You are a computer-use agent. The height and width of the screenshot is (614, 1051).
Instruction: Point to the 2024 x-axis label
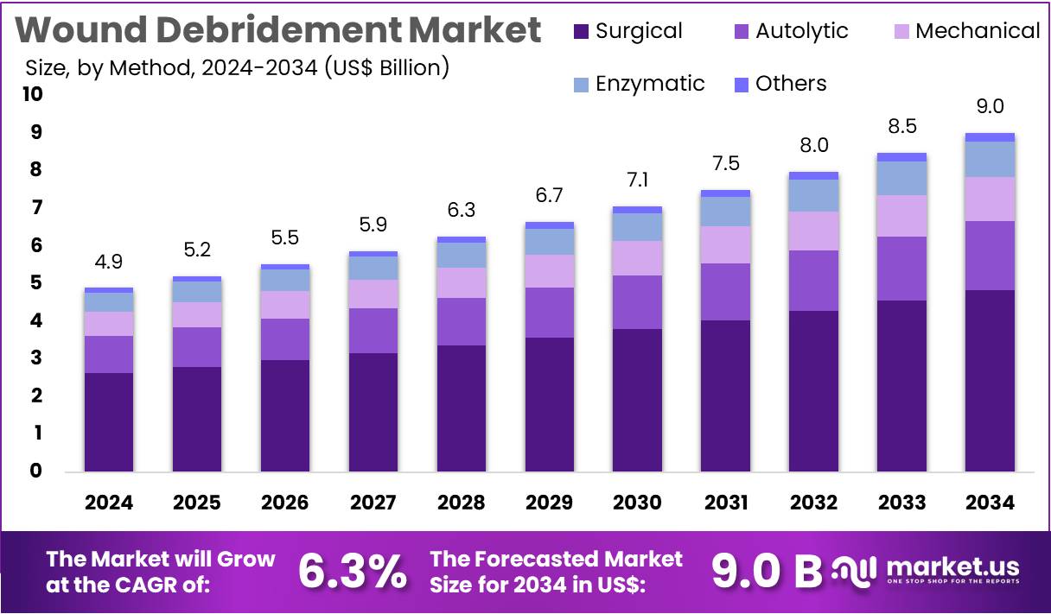[x=109, y=503]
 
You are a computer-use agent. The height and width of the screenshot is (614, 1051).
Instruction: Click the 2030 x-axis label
[x=638, y=503]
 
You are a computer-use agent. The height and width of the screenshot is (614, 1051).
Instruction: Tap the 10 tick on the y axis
[x=32, y=94]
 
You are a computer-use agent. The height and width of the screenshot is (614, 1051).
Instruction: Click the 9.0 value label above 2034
[x=990, y=106]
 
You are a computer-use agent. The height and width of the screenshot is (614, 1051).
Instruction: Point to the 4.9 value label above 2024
[x=109, y=262]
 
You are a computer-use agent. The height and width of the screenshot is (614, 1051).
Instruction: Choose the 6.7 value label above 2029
[x=550, y=195]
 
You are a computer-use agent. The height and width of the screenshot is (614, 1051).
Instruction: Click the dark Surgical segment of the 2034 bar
[x=990, y=380]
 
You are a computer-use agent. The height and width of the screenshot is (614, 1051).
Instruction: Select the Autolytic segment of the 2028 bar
[x=462, y=321]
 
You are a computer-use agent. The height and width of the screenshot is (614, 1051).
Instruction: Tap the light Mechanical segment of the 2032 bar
[x=813, y=231]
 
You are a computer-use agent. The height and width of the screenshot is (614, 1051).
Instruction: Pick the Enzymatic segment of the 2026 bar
[x=285, y=280]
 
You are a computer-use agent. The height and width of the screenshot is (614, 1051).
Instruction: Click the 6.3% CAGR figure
[x=352, y=570]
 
